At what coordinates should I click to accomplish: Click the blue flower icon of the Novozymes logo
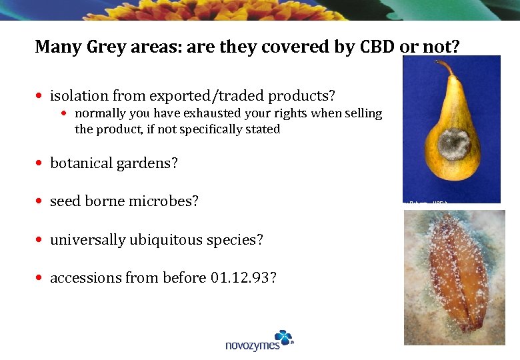click(x=283, y=337)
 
